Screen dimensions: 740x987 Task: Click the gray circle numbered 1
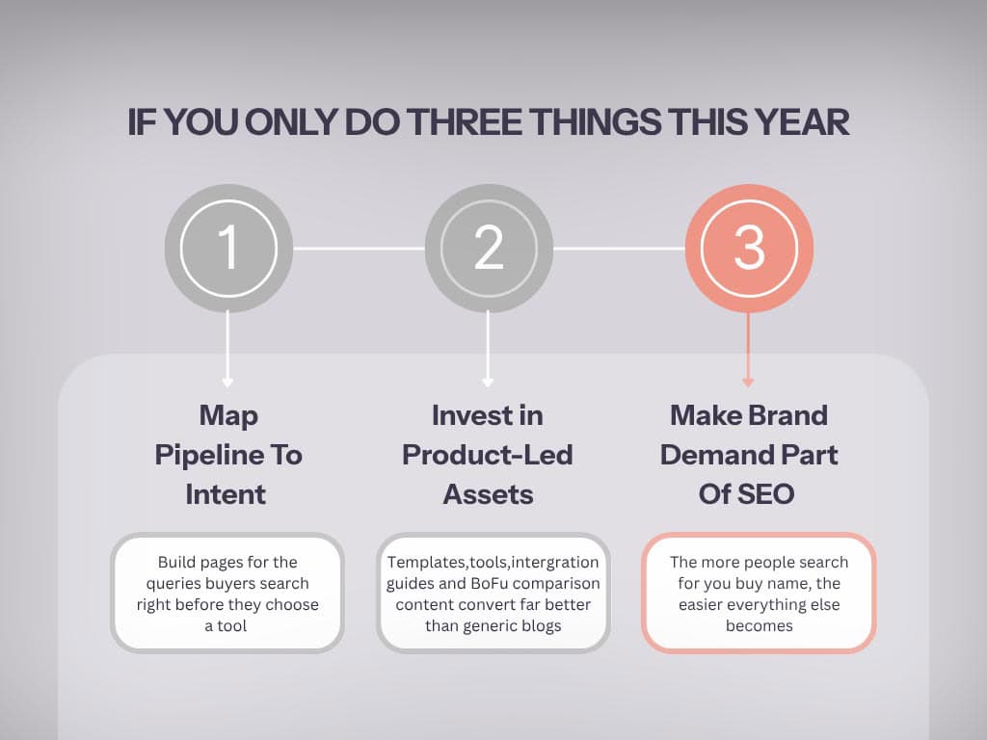(228, 248)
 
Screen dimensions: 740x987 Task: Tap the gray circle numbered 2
(489, 248)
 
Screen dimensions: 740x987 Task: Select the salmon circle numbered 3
(749, 248)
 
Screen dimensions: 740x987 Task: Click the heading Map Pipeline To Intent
(228, 455)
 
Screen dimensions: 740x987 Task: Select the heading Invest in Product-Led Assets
(488, 455)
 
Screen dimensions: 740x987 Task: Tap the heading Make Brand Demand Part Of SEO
(749, 455)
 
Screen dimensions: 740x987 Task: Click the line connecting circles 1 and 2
(359, 249)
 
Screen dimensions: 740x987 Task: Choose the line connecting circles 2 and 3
(619, 249)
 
